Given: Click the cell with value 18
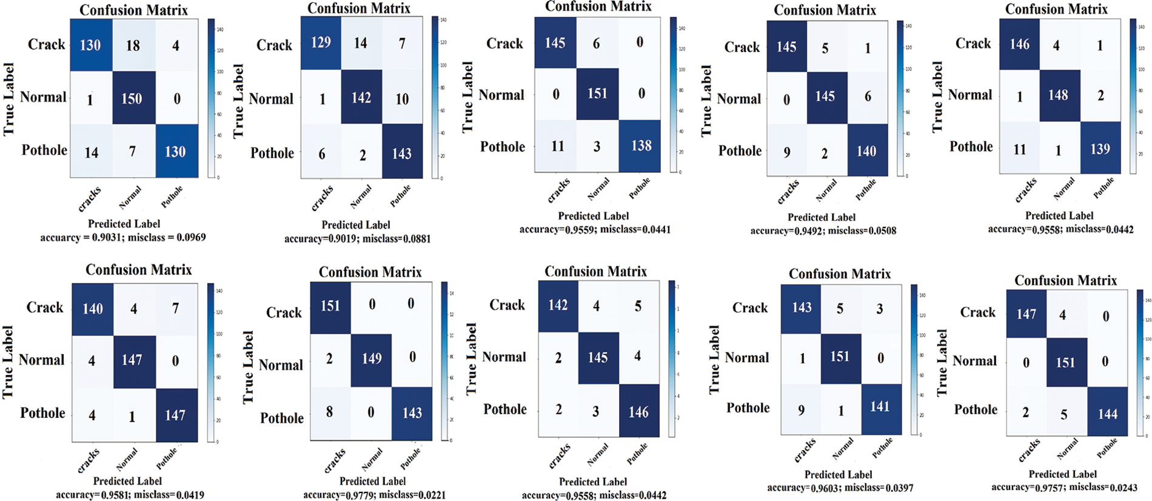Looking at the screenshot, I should coord(133,45).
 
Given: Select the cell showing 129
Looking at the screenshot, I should coord(321,42).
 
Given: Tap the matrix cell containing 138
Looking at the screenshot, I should coord(641,146).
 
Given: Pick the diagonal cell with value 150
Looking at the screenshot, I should coord(132,98).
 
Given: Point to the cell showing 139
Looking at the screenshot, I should coord(1100,149).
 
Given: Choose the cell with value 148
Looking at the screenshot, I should coord(1058,95).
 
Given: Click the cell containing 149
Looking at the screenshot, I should coord(371,358).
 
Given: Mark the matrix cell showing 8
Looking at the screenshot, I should coord(329,412).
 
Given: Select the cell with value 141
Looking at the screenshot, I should coord(880,407).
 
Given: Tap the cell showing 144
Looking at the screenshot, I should coord(1107,414).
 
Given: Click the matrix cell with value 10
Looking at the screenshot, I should coord(402,99).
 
